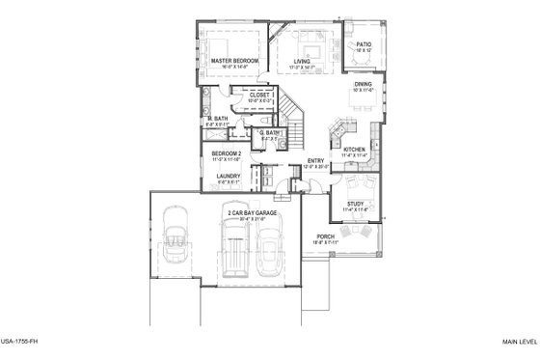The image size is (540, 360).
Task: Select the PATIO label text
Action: point(364,44)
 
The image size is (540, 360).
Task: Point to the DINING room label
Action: point(363,84)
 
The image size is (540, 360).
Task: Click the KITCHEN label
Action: point(355,150)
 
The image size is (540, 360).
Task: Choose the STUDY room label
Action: point(356,203)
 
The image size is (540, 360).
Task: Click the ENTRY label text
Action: point(315,160)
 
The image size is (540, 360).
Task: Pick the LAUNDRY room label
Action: point(229,176)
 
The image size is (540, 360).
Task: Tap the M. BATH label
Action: point(216,119)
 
